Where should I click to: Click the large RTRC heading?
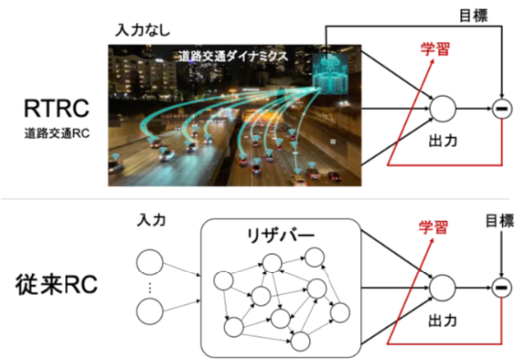click(57, 108)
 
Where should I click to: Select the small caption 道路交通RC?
click(57, 133)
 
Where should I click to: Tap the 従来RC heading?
click(56, 285)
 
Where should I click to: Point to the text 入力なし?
click(142, 30)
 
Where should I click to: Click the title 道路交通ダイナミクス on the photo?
click(233, 56)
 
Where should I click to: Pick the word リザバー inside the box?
click(280, 236)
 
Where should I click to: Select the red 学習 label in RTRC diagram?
click(435, 49)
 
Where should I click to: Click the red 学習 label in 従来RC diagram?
click(433, 227)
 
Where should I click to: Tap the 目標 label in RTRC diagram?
click(473, 16)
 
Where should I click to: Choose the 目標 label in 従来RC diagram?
click(500, 221)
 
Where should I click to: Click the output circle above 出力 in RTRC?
click(443, 108)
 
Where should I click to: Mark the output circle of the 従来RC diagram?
click(443, 288)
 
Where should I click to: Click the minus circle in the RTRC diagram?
click(502, 108)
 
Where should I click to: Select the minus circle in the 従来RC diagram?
click(502, 288)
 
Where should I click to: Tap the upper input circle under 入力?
click(150, 262)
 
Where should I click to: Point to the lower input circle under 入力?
click(150, 311)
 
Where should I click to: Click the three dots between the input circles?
click(150, 288)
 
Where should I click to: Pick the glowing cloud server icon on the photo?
click(329, 73)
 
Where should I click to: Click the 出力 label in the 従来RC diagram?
click(443, 321)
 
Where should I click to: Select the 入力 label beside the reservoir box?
click(151, 220)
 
